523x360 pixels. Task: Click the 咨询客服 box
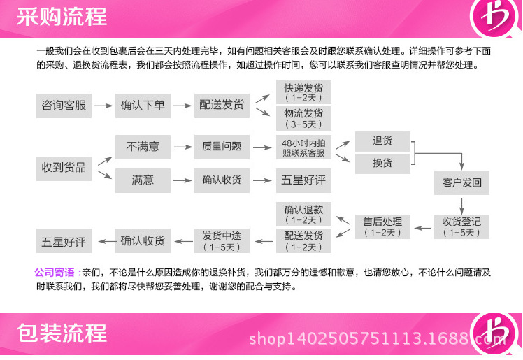click(x=64, y=105)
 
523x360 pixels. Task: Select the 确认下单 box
click(x=143, y=105)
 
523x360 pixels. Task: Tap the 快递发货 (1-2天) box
click(x=303, y=92)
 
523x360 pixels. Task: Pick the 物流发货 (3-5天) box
click(x=303, y=117)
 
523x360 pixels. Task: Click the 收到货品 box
click(x=64, y=167)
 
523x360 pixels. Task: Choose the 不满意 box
click(x=143, y=146)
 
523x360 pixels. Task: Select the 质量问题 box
click(x=222, y=146)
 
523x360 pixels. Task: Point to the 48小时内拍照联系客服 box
click(x=303, y=147)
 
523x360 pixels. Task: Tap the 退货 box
click(x=382, y=141)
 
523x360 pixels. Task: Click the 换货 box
click(x=382, y=164)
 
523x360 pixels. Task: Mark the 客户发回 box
click(x=461, y=182)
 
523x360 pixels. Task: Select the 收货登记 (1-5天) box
click(x=461, y=226)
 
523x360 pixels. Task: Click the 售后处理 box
click(x=382, y=226)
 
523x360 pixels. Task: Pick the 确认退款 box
click(x=303, y=214)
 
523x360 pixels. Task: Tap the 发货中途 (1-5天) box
click(x=222, y=240)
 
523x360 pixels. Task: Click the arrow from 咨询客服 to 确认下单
click(x=103, y=106)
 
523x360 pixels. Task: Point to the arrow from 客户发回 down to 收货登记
click(x=461, y=204)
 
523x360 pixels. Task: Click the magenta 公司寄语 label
click(x=54, y=272)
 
